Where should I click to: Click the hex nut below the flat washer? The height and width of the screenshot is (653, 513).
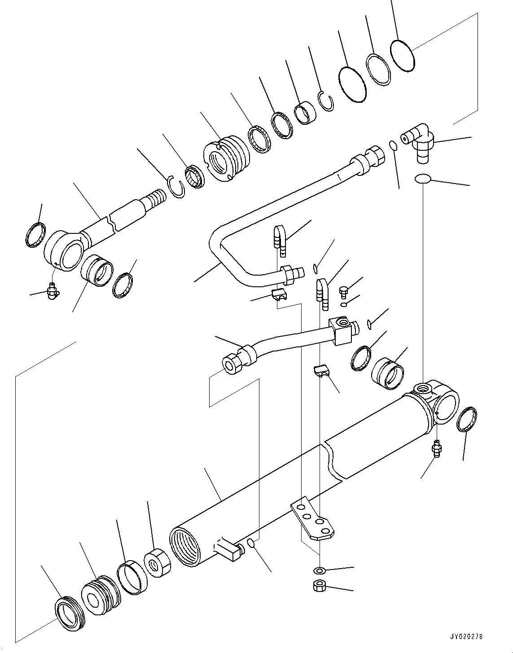(319, 586)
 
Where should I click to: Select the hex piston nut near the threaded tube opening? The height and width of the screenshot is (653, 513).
(157, 562)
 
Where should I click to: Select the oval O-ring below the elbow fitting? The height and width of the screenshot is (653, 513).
(422, 179)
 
